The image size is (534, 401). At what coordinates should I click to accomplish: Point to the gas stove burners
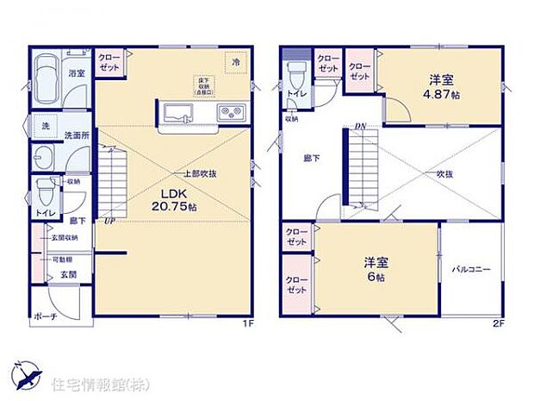click(230, 112)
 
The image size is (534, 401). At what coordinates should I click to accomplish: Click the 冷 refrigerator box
click(233, 63)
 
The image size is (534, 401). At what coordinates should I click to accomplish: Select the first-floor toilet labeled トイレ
click(41, 197)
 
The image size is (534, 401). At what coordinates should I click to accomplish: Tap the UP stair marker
click(108, 222)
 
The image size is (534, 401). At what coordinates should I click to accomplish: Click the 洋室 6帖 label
click(374, 268)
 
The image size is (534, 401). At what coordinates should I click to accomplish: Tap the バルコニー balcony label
click(471, 270)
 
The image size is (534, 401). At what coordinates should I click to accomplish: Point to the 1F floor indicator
click(246, 324)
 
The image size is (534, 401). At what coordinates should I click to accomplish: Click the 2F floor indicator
click(496, 324)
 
